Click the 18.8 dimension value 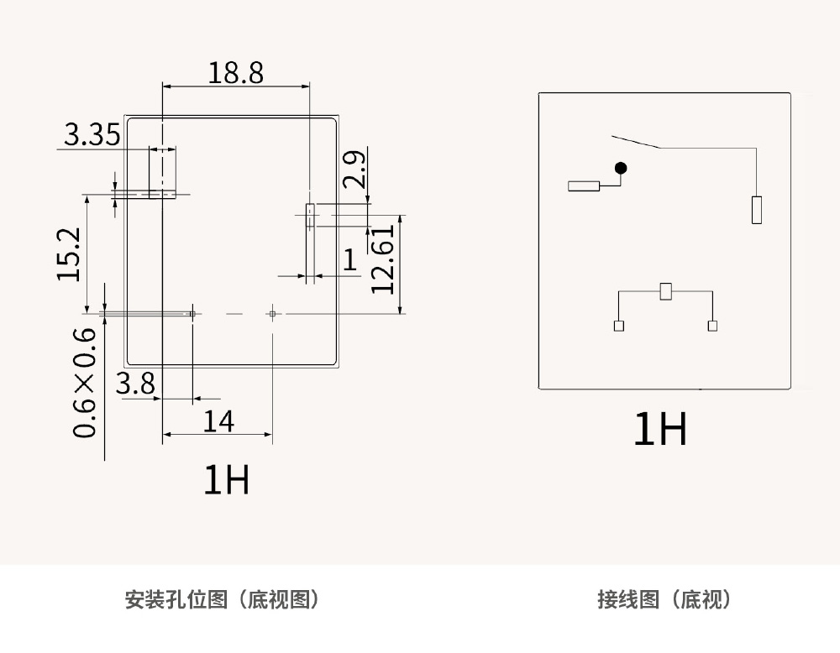[236, 73]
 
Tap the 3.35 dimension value [92, 134]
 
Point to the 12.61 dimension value [383, 259]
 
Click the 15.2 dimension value [69, 254]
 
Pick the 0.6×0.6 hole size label [84, 383]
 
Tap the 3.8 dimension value [135, 384]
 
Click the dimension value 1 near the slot [350, 259]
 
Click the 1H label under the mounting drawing [227, 479]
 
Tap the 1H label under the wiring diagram [660, 429]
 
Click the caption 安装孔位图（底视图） [222, 599]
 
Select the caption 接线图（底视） [664, 599]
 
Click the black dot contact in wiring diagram [621, 168]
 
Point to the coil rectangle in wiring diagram [666, 291]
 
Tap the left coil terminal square [619, 326]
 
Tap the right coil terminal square [712, 326]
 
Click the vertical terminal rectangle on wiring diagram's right [757, 210]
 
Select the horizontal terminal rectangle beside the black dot [584, 185]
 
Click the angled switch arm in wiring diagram [636, 141]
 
